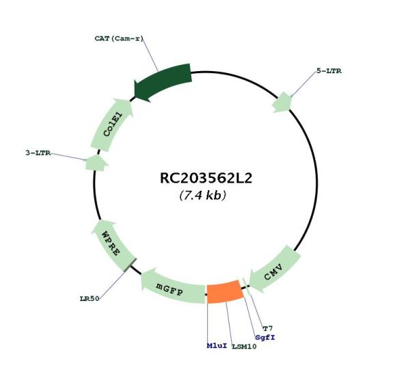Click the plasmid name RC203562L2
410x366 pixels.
click(x=206, y=179)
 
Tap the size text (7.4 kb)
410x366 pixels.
click(x=203, y=195)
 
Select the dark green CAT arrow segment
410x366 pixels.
click(x=162, y=81)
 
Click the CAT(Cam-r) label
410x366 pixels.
click(x=119, y=38)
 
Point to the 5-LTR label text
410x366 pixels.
click(x=329, y=71)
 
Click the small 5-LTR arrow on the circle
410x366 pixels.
click(x=282, y=103)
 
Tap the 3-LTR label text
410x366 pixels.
click(x=38, y=153)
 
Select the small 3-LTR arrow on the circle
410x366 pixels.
click(x=96, y=163)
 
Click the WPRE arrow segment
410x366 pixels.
click(x=113, y=246)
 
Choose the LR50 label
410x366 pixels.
click(x=90, y=298)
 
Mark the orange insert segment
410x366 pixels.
click(x=225, y=291)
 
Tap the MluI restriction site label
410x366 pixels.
click(x=217, y=345)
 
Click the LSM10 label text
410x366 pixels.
click(x=244, y=347)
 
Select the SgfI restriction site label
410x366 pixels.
click(x=265, y=337)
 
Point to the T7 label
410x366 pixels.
click(x=268, y=328)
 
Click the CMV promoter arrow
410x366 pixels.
click(x=275, y=269)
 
